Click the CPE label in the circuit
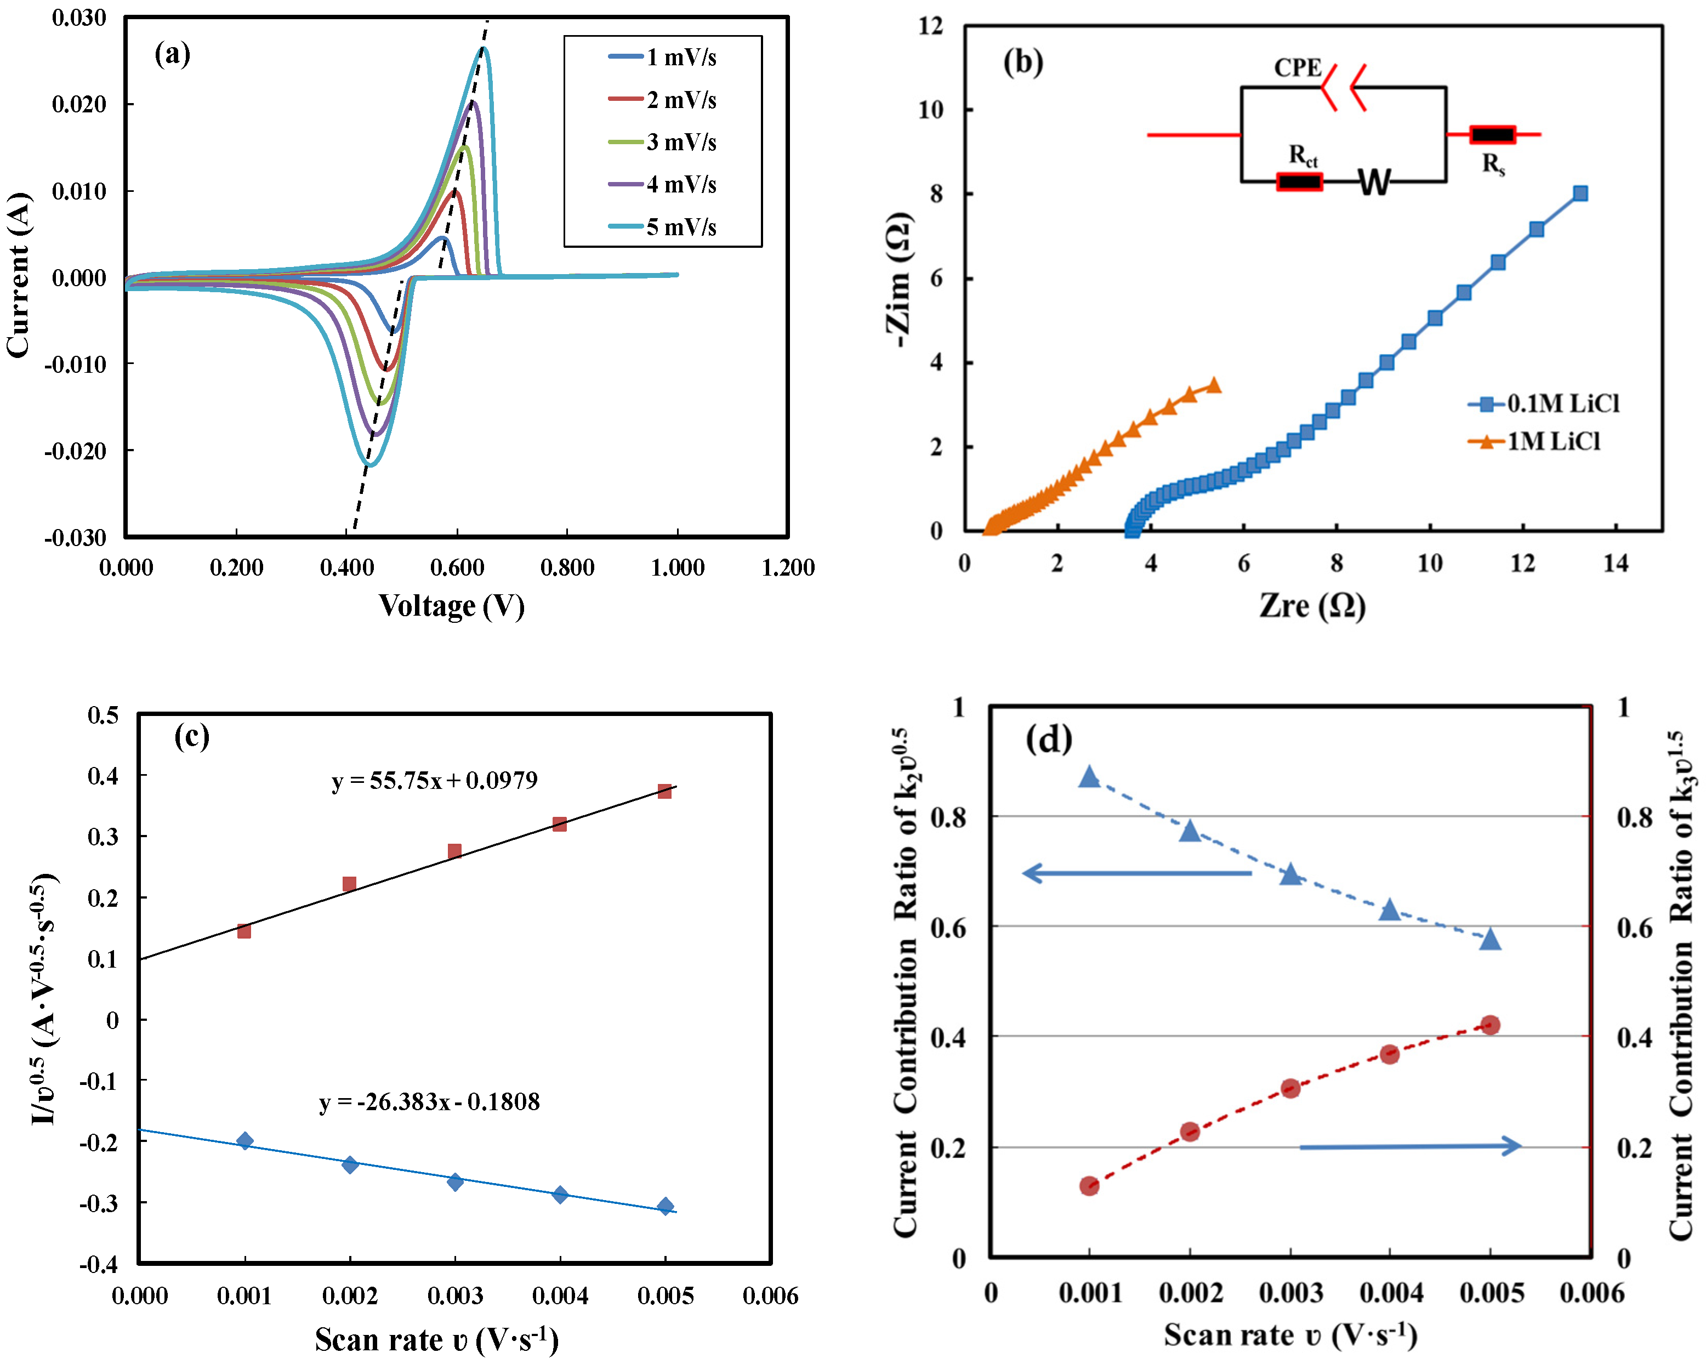(1297, 68)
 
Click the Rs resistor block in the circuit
(1492, 134)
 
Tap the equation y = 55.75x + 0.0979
(434, 781)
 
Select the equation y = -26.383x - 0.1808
(430, 1102)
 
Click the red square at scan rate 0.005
(664, 791)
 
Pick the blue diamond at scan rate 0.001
(245, 1141)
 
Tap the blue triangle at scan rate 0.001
(1090, 777)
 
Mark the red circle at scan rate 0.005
(1491, 1025)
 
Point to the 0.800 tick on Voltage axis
(567, 567)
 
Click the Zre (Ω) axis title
(1313, 606)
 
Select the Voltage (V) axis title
(451, 606)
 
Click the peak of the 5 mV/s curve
(484, 49)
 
